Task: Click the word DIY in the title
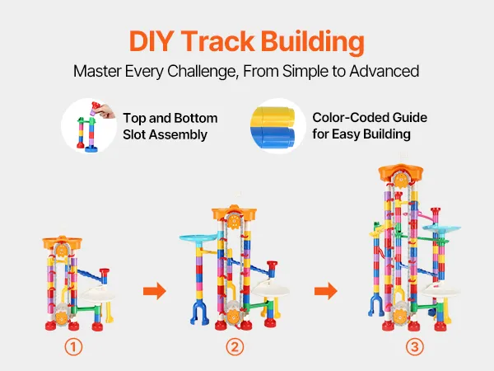[x=151, y=41]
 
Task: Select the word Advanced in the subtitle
[x=384, y=71]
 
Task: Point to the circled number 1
[x=73, y=347]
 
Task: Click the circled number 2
[x=235, y=347]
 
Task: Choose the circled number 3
[x=414, y=347]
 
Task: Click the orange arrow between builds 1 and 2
[x=155, y=291]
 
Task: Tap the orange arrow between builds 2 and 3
[x=326, y=291]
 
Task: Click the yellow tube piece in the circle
[x=273, y=117]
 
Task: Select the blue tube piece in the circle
[x=273, y=137]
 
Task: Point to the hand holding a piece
[x=106, y=111]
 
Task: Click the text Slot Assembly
[x=165, y=134]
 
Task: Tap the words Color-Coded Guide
[x=370, y=118]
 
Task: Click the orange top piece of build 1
[x=62, y=242]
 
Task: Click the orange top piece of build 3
[x=400, y=172]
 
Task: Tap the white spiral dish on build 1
[x=98, y=294]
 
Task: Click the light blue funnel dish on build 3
[x=441, y=229]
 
